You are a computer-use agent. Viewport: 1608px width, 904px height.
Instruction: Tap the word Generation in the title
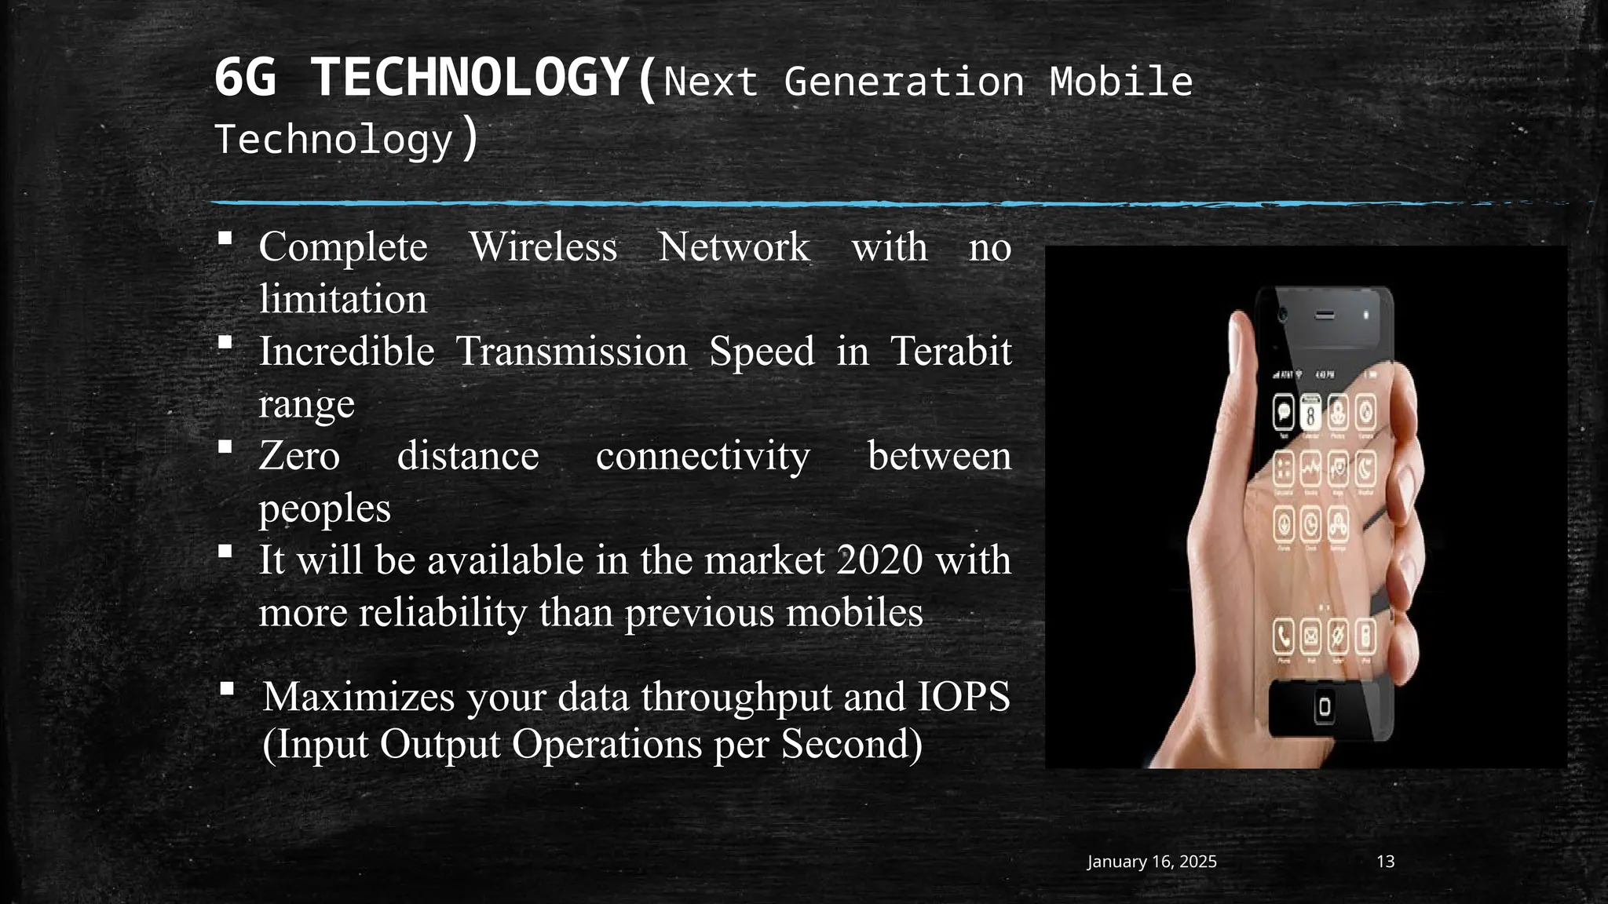[x=904, y=82]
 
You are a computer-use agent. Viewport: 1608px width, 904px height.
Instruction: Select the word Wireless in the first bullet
[x=543, y=247]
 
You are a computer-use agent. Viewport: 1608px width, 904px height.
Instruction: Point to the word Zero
[x=299, y=456]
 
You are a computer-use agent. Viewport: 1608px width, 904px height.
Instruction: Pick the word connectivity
[x=703, y=456]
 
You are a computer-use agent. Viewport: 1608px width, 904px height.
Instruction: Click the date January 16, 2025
[x=1152, y=862]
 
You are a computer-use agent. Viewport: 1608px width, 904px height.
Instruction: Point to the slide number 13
[x=1386, y=862]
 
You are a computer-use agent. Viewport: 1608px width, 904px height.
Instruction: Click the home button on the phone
[x=1325, y=707]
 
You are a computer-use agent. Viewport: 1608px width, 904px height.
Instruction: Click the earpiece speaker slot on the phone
[x=1325, y=315]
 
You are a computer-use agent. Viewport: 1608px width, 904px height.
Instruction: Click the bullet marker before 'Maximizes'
[x=227, y=689]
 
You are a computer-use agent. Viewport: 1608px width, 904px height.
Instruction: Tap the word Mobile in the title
[x=1121, y=82]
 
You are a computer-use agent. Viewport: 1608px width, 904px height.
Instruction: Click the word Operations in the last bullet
[x=607, y=744]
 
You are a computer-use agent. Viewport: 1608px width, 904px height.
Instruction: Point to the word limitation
[x=343, y=300]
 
